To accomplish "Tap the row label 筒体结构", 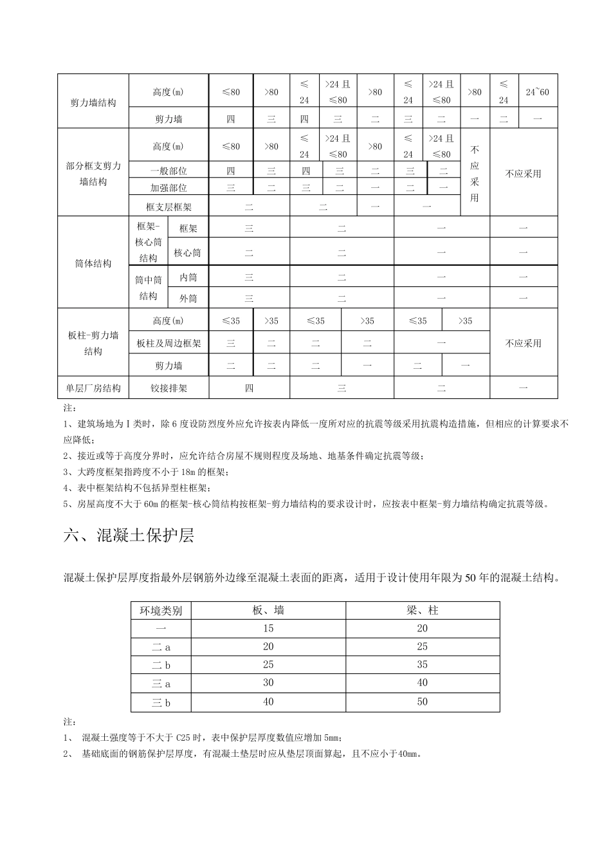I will [93, 263].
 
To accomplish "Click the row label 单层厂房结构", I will [93, 388].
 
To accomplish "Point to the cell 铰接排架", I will [169, 388].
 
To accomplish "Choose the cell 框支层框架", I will [169, 207].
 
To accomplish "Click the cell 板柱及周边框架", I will [169, 343].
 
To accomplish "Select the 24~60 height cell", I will [537, 92].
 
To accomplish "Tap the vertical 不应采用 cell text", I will [475, 173].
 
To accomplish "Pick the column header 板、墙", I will [268, 610].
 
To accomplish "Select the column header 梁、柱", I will [423, 610].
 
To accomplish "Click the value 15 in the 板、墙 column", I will [268, 628].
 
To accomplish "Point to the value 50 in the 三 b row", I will [423, 702].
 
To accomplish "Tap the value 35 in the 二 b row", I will [423, 665].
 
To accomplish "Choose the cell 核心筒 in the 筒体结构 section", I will [188, 253].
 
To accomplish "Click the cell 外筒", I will [188, 298].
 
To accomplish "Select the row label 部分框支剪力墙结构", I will [93, 174].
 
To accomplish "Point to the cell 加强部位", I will [169, 188].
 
